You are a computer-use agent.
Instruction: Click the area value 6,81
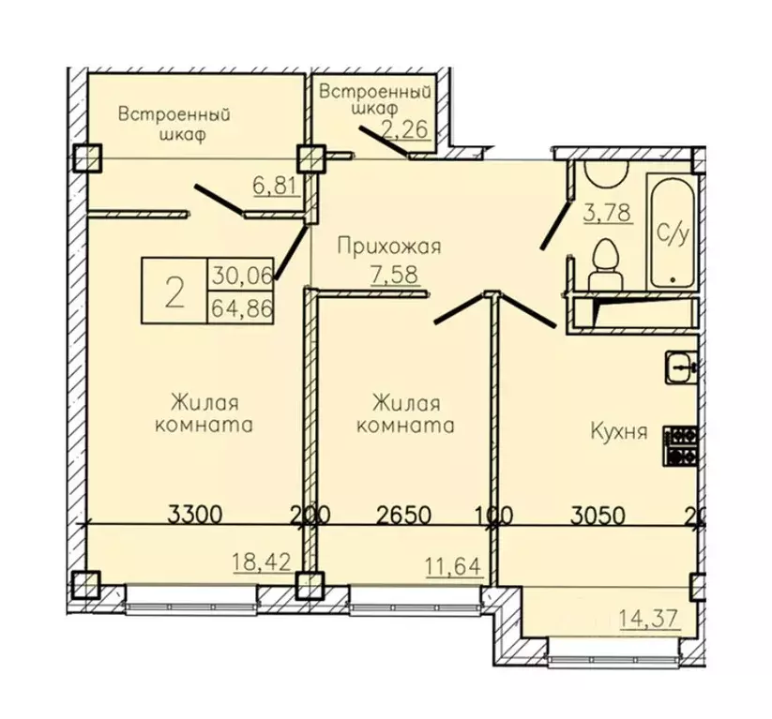click(276, 186)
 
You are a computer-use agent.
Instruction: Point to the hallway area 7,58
click(395, 275)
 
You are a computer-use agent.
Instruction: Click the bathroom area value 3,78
click(608, 213)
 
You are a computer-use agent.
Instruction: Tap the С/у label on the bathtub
click(673, 233)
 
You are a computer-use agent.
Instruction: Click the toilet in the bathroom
click(606, 264)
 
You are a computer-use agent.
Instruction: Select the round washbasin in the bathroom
click(606, 173)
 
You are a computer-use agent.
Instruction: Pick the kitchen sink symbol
click(681, 367)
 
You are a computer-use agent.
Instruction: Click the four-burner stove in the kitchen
click(680, 446)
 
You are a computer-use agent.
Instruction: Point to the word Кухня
click(619, 432)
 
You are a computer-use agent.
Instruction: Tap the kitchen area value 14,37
click(650, 618)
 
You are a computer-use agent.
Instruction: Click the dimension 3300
click(195, 515)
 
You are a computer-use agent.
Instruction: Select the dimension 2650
click(403, 516)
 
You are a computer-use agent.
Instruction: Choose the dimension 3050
click(598, 516)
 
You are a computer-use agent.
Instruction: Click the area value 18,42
click(262, 562)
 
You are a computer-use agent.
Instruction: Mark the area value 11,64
click(453, 566)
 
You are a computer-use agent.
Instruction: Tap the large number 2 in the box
click(174, 292)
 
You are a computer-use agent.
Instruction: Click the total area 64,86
click(242, 308)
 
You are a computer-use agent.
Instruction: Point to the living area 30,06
click(242, 276)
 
